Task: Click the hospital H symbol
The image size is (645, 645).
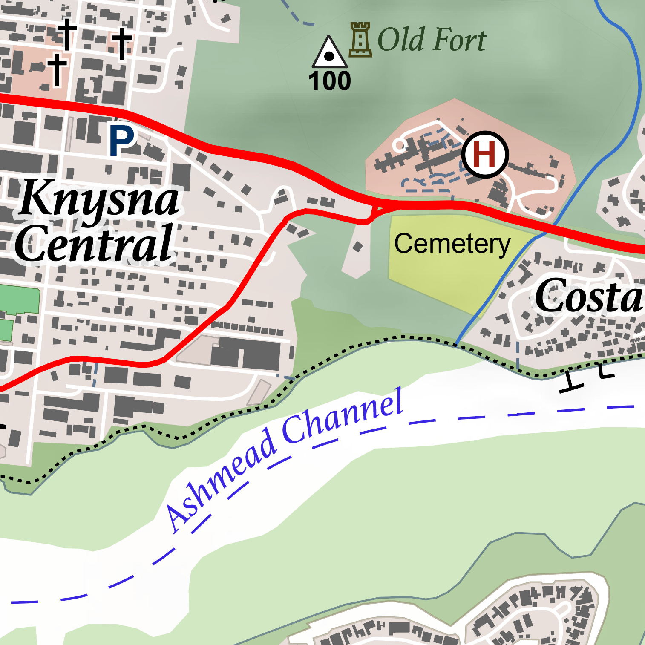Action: click(485, 154)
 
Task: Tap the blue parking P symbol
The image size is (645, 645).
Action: click(121, 141)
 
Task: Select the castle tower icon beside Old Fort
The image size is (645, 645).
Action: click(360, 40)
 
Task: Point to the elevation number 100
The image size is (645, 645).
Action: click(330, 81)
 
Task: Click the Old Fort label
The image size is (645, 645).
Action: click(432, 40)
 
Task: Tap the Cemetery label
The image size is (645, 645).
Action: click(452, 244)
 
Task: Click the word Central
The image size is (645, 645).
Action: click(95, 244)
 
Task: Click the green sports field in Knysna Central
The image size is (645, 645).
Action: click(19, 300)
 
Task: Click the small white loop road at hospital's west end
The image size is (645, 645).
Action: click(400, 145)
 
